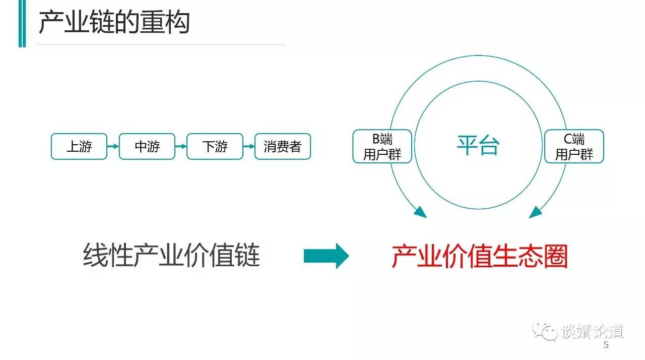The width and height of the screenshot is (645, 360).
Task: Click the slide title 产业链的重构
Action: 114,23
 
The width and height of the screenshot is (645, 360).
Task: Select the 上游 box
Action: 79,146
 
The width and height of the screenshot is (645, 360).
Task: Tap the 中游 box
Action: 147,146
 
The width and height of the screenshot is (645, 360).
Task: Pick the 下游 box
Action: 215,146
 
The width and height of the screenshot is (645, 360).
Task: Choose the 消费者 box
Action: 283,146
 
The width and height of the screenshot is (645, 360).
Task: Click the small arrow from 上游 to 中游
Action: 113,146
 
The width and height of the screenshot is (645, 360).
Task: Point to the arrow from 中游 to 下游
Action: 181,146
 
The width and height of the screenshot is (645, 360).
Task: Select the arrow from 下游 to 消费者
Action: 249,146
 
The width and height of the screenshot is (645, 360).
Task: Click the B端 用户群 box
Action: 382,146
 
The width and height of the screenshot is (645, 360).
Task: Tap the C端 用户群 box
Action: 574,146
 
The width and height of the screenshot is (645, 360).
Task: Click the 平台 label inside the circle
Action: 478,145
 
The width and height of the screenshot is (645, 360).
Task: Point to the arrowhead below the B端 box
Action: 420,213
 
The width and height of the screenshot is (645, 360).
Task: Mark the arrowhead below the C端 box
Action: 536,213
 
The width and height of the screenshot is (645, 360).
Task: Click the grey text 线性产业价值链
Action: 171,255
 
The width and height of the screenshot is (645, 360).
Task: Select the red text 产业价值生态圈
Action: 479,256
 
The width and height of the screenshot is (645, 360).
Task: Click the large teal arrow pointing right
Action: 326,256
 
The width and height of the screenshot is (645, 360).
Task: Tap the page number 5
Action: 606,345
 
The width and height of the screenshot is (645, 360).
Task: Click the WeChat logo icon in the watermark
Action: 545,331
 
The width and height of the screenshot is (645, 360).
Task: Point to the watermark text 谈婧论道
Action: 592,331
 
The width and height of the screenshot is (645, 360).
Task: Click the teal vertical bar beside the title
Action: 22,23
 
